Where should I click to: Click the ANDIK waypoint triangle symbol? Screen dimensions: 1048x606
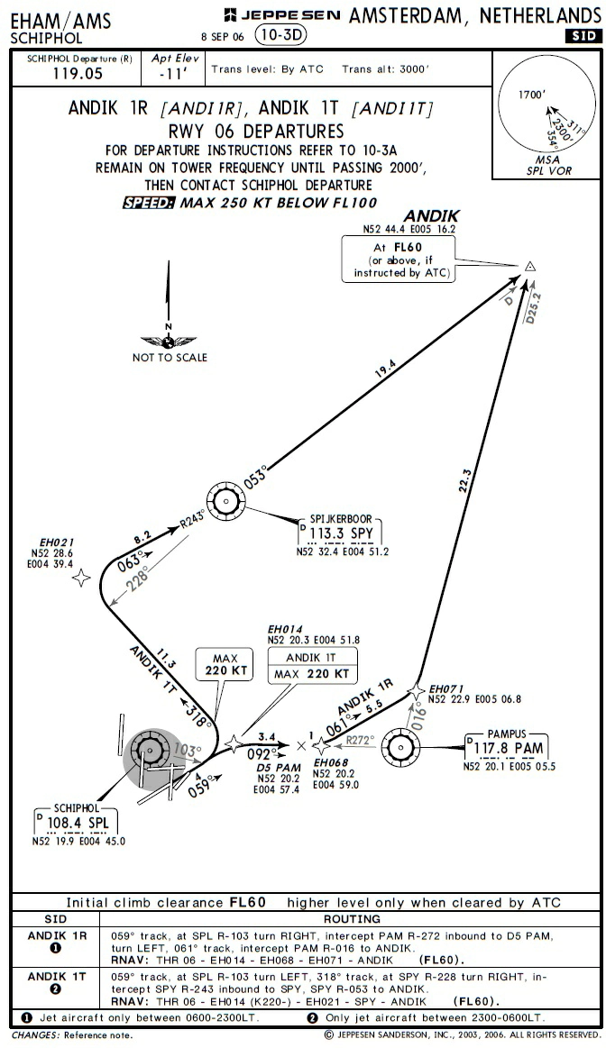[530, 266]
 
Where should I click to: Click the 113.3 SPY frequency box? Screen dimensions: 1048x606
[342, 533]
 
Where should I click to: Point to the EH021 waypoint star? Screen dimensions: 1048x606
[81, 578]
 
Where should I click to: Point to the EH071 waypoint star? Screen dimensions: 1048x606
[416, 690]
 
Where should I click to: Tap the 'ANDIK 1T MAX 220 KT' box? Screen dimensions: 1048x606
[311, 666]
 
